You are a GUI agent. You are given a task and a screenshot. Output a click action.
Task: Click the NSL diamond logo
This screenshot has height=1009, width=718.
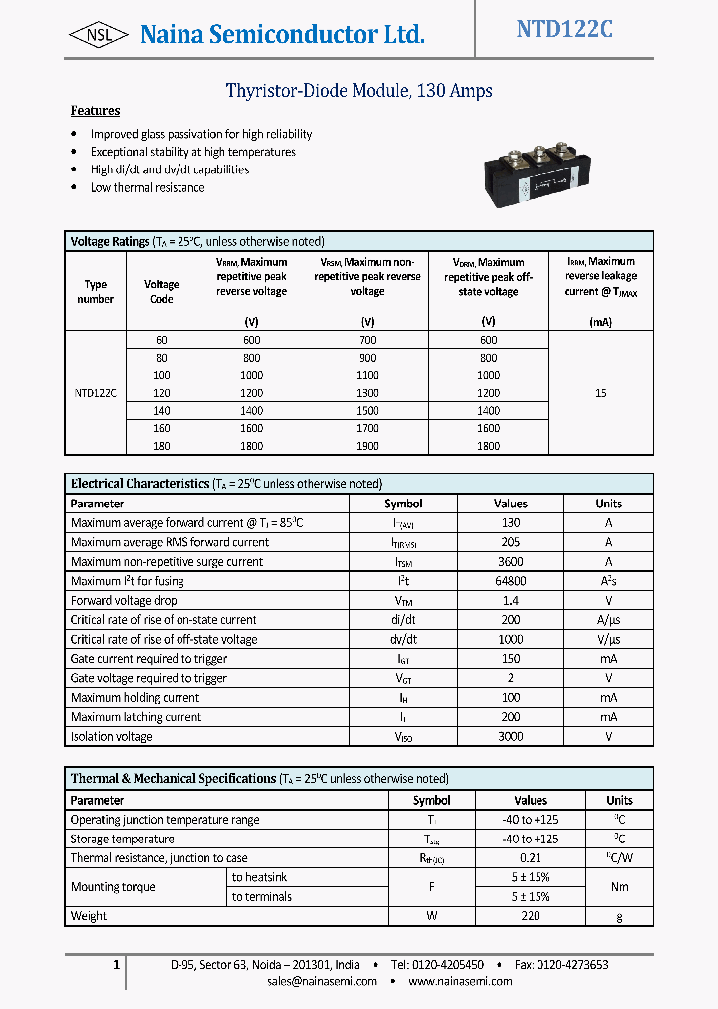98,35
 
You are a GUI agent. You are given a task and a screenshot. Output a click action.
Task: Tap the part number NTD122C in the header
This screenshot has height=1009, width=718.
564,30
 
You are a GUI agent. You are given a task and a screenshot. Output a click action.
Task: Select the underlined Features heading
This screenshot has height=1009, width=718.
95,111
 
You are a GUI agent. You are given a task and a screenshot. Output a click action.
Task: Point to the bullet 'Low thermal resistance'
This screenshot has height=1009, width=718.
148,187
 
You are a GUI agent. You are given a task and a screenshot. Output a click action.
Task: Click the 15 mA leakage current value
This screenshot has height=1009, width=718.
600,393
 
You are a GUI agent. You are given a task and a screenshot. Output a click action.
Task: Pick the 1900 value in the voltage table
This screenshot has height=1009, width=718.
367,446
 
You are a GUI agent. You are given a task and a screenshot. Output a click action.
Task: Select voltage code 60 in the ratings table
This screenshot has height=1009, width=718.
162,340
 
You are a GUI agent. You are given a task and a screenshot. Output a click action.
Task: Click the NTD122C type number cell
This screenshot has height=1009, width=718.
96,393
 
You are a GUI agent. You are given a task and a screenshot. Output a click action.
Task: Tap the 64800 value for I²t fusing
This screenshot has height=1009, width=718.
511,581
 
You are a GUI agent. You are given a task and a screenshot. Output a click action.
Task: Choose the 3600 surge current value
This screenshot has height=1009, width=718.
511,562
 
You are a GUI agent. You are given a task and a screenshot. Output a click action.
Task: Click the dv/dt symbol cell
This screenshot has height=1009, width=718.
403,640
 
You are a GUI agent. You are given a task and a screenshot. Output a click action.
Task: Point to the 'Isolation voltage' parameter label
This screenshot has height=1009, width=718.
112,737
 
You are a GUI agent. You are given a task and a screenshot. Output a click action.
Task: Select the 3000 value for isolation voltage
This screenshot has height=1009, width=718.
511,737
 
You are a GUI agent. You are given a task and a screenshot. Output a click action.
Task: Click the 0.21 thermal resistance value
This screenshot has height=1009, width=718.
531,858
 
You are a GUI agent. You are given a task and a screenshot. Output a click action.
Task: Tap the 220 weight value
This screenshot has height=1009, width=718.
531,916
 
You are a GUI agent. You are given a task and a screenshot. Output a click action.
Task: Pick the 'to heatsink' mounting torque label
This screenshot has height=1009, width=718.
260,877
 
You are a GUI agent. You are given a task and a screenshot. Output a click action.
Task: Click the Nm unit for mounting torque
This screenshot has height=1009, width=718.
619,887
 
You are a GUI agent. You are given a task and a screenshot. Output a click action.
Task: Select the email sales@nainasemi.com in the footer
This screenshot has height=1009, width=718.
322,981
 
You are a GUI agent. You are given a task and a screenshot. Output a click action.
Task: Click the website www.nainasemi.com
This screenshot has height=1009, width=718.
460,981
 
